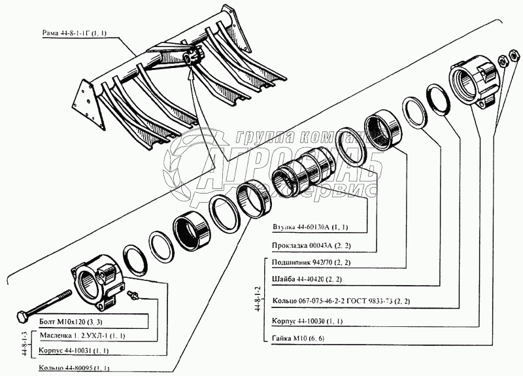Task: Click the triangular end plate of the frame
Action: pos(86,96)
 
